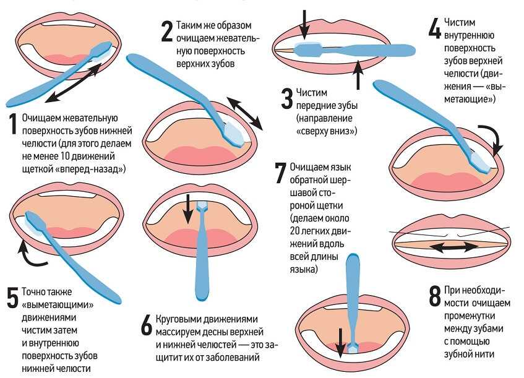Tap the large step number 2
tap(166, 32)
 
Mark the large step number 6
tap(146, 325)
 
